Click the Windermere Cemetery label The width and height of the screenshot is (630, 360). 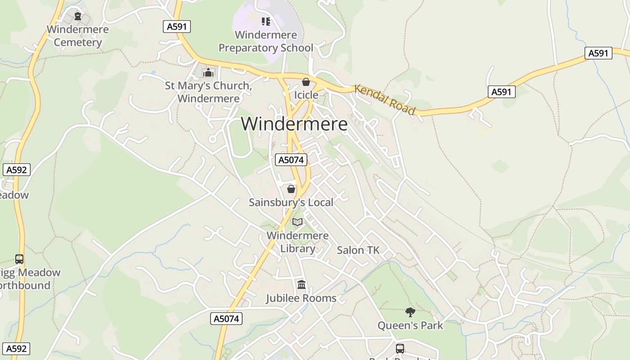click(x=78, y=36)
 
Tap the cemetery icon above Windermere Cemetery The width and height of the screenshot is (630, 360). click(x=78, y=16)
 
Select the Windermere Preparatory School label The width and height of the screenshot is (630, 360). click(x=266, y=41)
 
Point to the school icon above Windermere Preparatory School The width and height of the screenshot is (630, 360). click(x=266, y=21)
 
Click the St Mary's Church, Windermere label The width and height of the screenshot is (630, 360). click(x=208, y=92)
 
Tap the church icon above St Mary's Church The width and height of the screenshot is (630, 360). click(x=208, y=72)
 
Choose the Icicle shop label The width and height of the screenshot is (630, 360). click(x=306, y=95)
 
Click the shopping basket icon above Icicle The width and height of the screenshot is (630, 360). click(x=306, y=82)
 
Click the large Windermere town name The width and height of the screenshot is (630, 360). click(x=294, y=124)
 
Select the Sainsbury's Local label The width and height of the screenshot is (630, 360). click(x=291, y=202)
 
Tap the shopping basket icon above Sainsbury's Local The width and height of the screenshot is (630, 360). click(x=291, y=189)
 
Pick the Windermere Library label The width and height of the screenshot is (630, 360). click(x=297, y=242)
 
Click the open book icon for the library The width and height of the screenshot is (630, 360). click(x=297, y=222)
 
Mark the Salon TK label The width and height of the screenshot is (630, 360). click(x=358, y=250)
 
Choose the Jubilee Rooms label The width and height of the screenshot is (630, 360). click(x=301, y=298)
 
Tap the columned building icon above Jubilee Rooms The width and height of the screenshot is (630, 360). click(x=301, y=284)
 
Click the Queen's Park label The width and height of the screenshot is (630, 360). click(x=410, y=325)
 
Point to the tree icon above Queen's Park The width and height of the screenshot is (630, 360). click(x=410, y=312)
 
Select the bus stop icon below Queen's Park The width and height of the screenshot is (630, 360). click(x=400, y=348)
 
